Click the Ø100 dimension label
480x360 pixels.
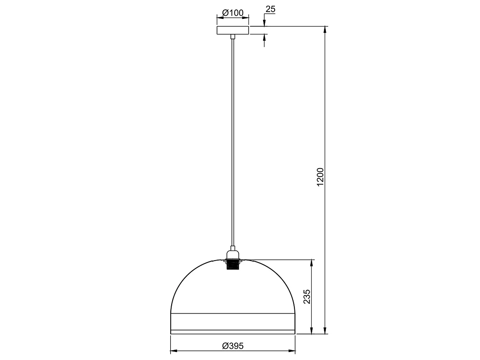pyautogui.click(x=233, y=13)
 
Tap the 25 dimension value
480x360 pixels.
pyautogui.click(x=270, y=9)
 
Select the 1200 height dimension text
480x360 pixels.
pyautogui.click(x=320, y=176)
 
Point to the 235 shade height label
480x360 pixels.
pyautogui.click(x=307, y=297)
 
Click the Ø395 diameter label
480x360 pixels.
pyautogui.click(x=233, y=346)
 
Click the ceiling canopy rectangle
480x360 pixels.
pyautogui.click(x=233, y=30)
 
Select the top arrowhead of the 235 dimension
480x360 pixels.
pyautogui.click(x=311, y=263)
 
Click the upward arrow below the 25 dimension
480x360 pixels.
pyautogui.click(x=264, y=37)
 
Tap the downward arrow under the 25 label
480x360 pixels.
pyautogui.click(x=264, y=23)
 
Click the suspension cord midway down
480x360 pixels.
pyautogui.click(x=233, y=144)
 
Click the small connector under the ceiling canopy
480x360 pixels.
pyautogui.click(x=233, y=36)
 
